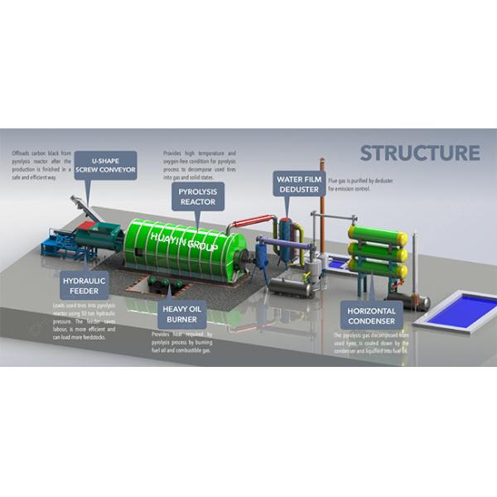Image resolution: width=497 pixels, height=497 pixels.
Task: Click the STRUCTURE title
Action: pos(419,153)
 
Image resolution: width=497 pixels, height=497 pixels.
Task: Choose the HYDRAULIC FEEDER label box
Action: pos(84,286)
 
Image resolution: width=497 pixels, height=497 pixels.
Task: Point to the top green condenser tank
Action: pos(378,234)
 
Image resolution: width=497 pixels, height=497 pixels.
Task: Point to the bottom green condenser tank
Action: pos(378,269)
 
